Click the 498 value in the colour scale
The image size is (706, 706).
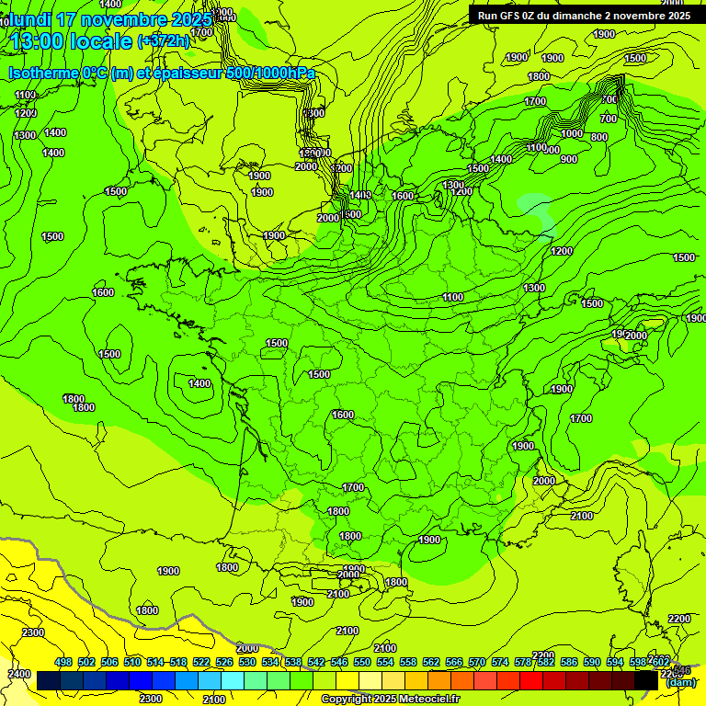pyautogui.click(x=63, y=662)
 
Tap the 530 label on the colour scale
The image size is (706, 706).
pyautogui.click(x=247, y=662)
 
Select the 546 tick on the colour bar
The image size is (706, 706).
pyautogui.click(x=339, y=662)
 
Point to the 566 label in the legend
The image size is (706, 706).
pyautogui.click(x=454, y=662)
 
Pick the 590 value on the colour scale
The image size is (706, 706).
pyautogui.click(x=592, y=662)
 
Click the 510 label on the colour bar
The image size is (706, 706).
pyautogui.click(x=132, y=662)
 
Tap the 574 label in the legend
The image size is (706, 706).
pyautogui.click(x=500, y=662)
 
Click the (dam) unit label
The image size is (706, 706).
pyautogui.click(x=680, y=681)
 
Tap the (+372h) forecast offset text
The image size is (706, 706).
pyautogui.click(x=163, y=41)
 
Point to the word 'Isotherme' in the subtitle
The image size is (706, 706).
pyautogui.click(x=42, y=74)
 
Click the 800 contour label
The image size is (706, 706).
pyautogui.click(x=598, y=137)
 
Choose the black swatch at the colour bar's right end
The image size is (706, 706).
pyautogui.click(x=646, y=681)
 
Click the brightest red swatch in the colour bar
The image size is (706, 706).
pyautogui.click(x=531, y=681)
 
